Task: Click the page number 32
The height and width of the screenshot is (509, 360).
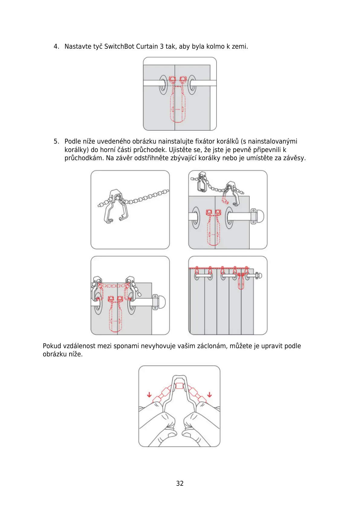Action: [180, 483]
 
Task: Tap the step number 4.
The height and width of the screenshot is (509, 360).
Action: [56, 47]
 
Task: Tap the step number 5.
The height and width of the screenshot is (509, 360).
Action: [56, 141]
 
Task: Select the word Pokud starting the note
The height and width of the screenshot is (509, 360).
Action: [52, 346]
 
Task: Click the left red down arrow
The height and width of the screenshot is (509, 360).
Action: [149, 395]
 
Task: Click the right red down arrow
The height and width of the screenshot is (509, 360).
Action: [209, 395]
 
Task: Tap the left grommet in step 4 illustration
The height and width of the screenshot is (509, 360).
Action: [163, 84]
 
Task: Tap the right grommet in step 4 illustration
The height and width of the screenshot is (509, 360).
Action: [192, 84]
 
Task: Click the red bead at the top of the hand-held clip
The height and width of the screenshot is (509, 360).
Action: [179, 386]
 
